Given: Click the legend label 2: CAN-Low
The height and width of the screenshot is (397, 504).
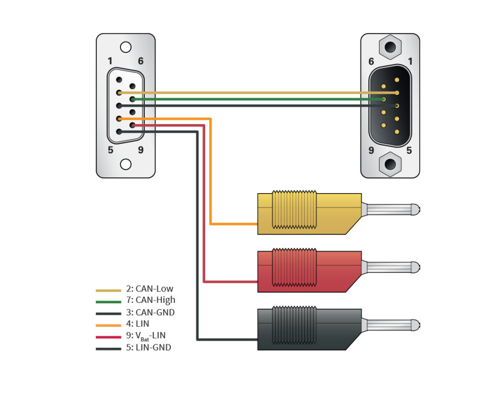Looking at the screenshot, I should (x=150, y=289).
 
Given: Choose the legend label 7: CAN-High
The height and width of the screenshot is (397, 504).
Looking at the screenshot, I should (x=151, y=300).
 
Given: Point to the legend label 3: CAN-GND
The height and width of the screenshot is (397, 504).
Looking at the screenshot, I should (x=150, y=312).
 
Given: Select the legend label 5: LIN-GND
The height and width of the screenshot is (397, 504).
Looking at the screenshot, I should (x=149, y=348).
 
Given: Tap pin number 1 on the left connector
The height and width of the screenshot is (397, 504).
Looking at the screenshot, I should (x=110, y=61).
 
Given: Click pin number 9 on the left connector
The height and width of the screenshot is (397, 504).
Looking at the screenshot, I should (x=141, y=149).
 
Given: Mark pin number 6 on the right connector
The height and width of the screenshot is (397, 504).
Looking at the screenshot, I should (x=371, y=61).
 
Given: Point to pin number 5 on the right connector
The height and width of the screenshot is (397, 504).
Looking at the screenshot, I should (x=409, y=149).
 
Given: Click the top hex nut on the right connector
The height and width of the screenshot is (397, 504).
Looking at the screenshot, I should (x=390, y=48).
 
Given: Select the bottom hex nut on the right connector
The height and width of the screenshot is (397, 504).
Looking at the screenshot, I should (x=390, y=163).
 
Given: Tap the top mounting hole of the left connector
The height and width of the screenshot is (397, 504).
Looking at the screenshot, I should (x=126, y=47).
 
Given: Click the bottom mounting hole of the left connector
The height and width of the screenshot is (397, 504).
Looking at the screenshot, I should (x=126, y=164).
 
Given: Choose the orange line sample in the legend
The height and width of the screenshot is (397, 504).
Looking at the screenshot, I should (x=108, y=324).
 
